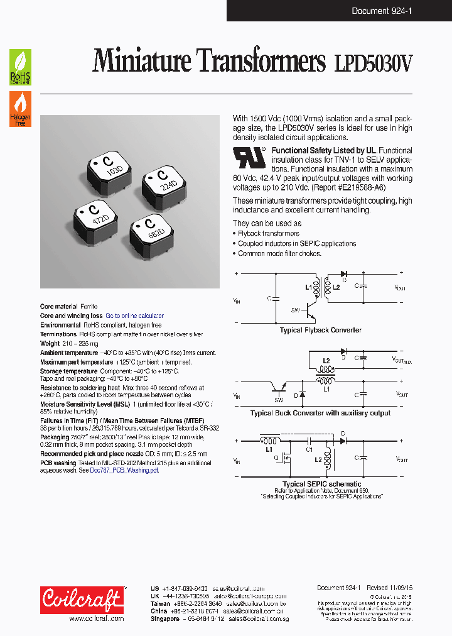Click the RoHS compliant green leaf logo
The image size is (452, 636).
[x=20, y=67]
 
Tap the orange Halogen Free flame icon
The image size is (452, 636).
[x=20, y=109]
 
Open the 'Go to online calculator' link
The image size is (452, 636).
[x=134, y=316]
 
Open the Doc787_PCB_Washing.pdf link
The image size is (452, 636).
[x=124, y=471]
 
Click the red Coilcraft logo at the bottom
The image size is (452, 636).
[x=82, y=599]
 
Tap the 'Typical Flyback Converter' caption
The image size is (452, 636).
[x=320, y=330]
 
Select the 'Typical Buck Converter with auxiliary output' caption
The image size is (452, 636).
[x=320, y=413]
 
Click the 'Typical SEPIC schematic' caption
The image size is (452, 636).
[x=321, y=484]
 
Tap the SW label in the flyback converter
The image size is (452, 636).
[x=295, y=310]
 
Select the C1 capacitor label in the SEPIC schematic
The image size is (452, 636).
[x=309, y=449]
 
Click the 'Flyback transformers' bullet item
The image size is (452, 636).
[x=268, y=233]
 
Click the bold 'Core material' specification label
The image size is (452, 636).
[x=60, y=307]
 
